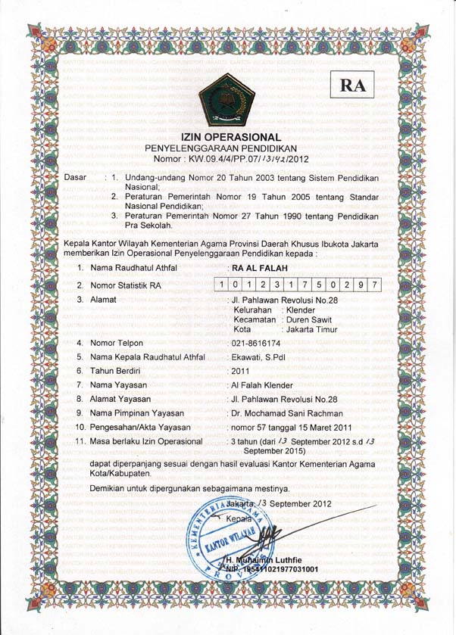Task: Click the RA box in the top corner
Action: coord(353,86)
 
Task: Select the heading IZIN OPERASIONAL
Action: coord(227,137)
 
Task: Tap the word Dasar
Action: coord(77,177)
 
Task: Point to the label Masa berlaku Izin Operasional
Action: coord(145,440)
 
